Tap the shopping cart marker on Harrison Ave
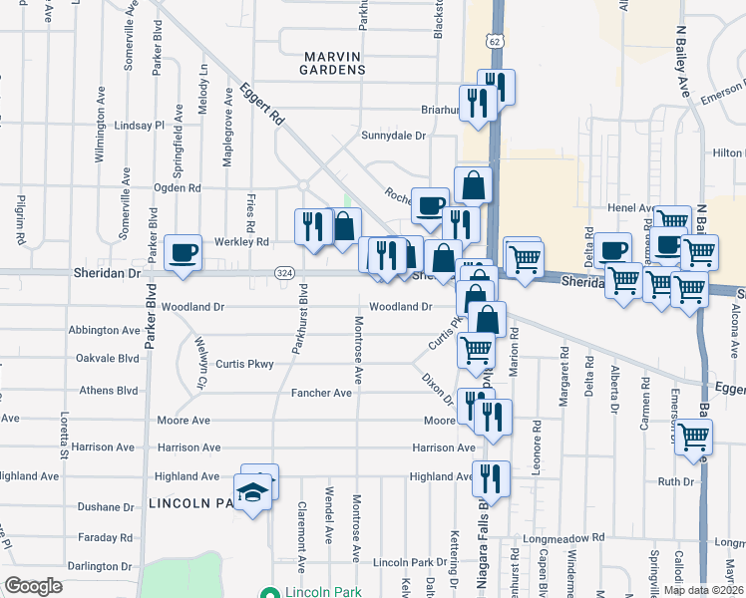pyautogui.click(x=694, y=435)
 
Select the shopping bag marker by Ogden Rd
pyautogui.click(x=473, y=184)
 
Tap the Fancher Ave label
pyautogui.click(x=321, y=394)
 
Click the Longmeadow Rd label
pyautogui.click(x=569, y=537)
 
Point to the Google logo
pyautogui.click(x=34, y=585)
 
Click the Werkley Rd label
pyautogui.click(x=241, y=242)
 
